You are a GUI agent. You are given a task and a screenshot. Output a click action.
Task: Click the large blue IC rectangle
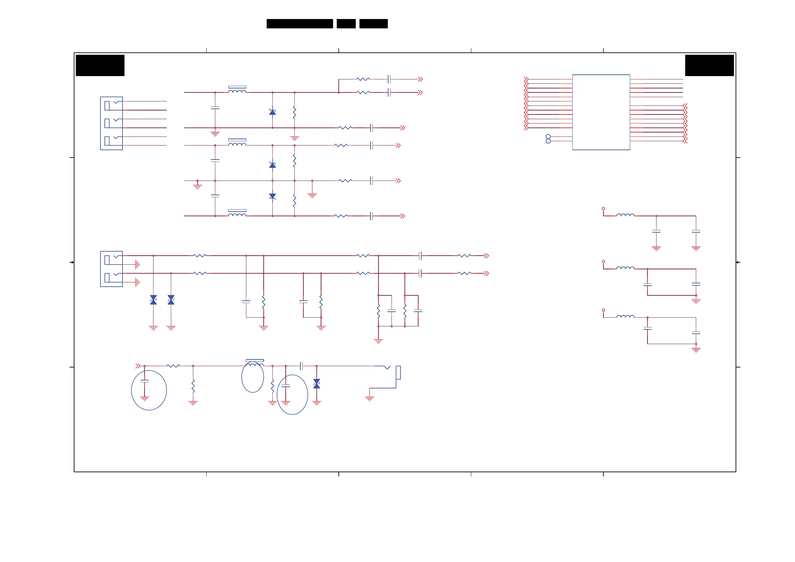tap(601, 112)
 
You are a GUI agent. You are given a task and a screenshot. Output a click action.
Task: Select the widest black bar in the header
tap(299, 24)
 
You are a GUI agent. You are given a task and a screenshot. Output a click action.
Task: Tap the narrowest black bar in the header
tap(346, 24)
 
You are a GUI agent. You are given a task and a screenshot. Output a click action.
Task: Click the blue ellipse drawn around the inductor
tap(252, 377)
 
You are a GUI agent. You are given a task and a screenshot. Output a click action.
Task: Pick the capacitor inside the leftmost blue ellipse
tap(145, 381)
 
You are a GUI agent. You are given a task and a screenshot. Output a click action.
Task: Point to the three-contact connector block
tap(111, 123)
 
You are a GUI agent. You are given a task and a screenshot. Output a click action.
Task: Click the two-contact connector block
tap(111, 269)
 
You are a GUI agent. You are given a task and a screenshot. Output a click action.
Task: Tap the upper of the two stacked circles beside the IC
tap(548, 136)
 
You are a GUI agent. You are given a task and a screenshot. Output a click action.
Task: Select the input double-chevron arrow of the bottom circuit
tap(138, 366)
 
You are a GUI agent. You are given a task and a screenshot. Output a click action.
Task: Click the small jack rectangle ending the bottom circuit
tap(398, 372)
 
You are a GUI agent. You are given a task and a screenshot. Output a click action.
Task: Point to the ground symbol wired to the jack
tap(369, 398)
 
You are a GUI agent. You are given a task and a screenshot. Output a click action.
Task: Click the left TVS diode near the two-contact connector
tap(154, 300)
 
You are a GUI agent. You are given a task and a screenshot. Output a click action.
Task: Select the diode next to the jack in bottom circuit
tap(316, 384)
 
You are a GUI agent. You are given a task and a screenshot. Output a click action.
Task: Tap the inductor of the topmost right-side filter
tap(625, 215)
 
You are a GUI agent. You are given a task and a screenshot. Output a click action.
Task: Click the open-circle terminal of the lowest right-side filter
tap(603, 310)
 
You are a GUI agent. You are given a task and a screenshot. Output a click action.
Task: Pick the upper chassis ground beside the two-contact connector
tap(138, 265)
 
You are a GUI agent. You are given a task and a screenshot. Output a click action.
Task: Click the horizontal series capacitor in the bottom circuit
tap(301, 366)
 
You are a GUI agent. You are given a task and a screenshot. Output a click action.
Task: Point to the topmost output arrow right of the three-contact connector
tap(420, 79)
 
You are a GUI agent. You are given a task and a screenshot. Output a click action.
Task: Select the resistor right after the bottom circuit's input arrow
tap(173, 366)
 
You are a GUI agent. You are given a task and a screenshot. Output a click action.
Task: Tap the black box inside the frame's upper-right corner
tap(709, 65)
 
